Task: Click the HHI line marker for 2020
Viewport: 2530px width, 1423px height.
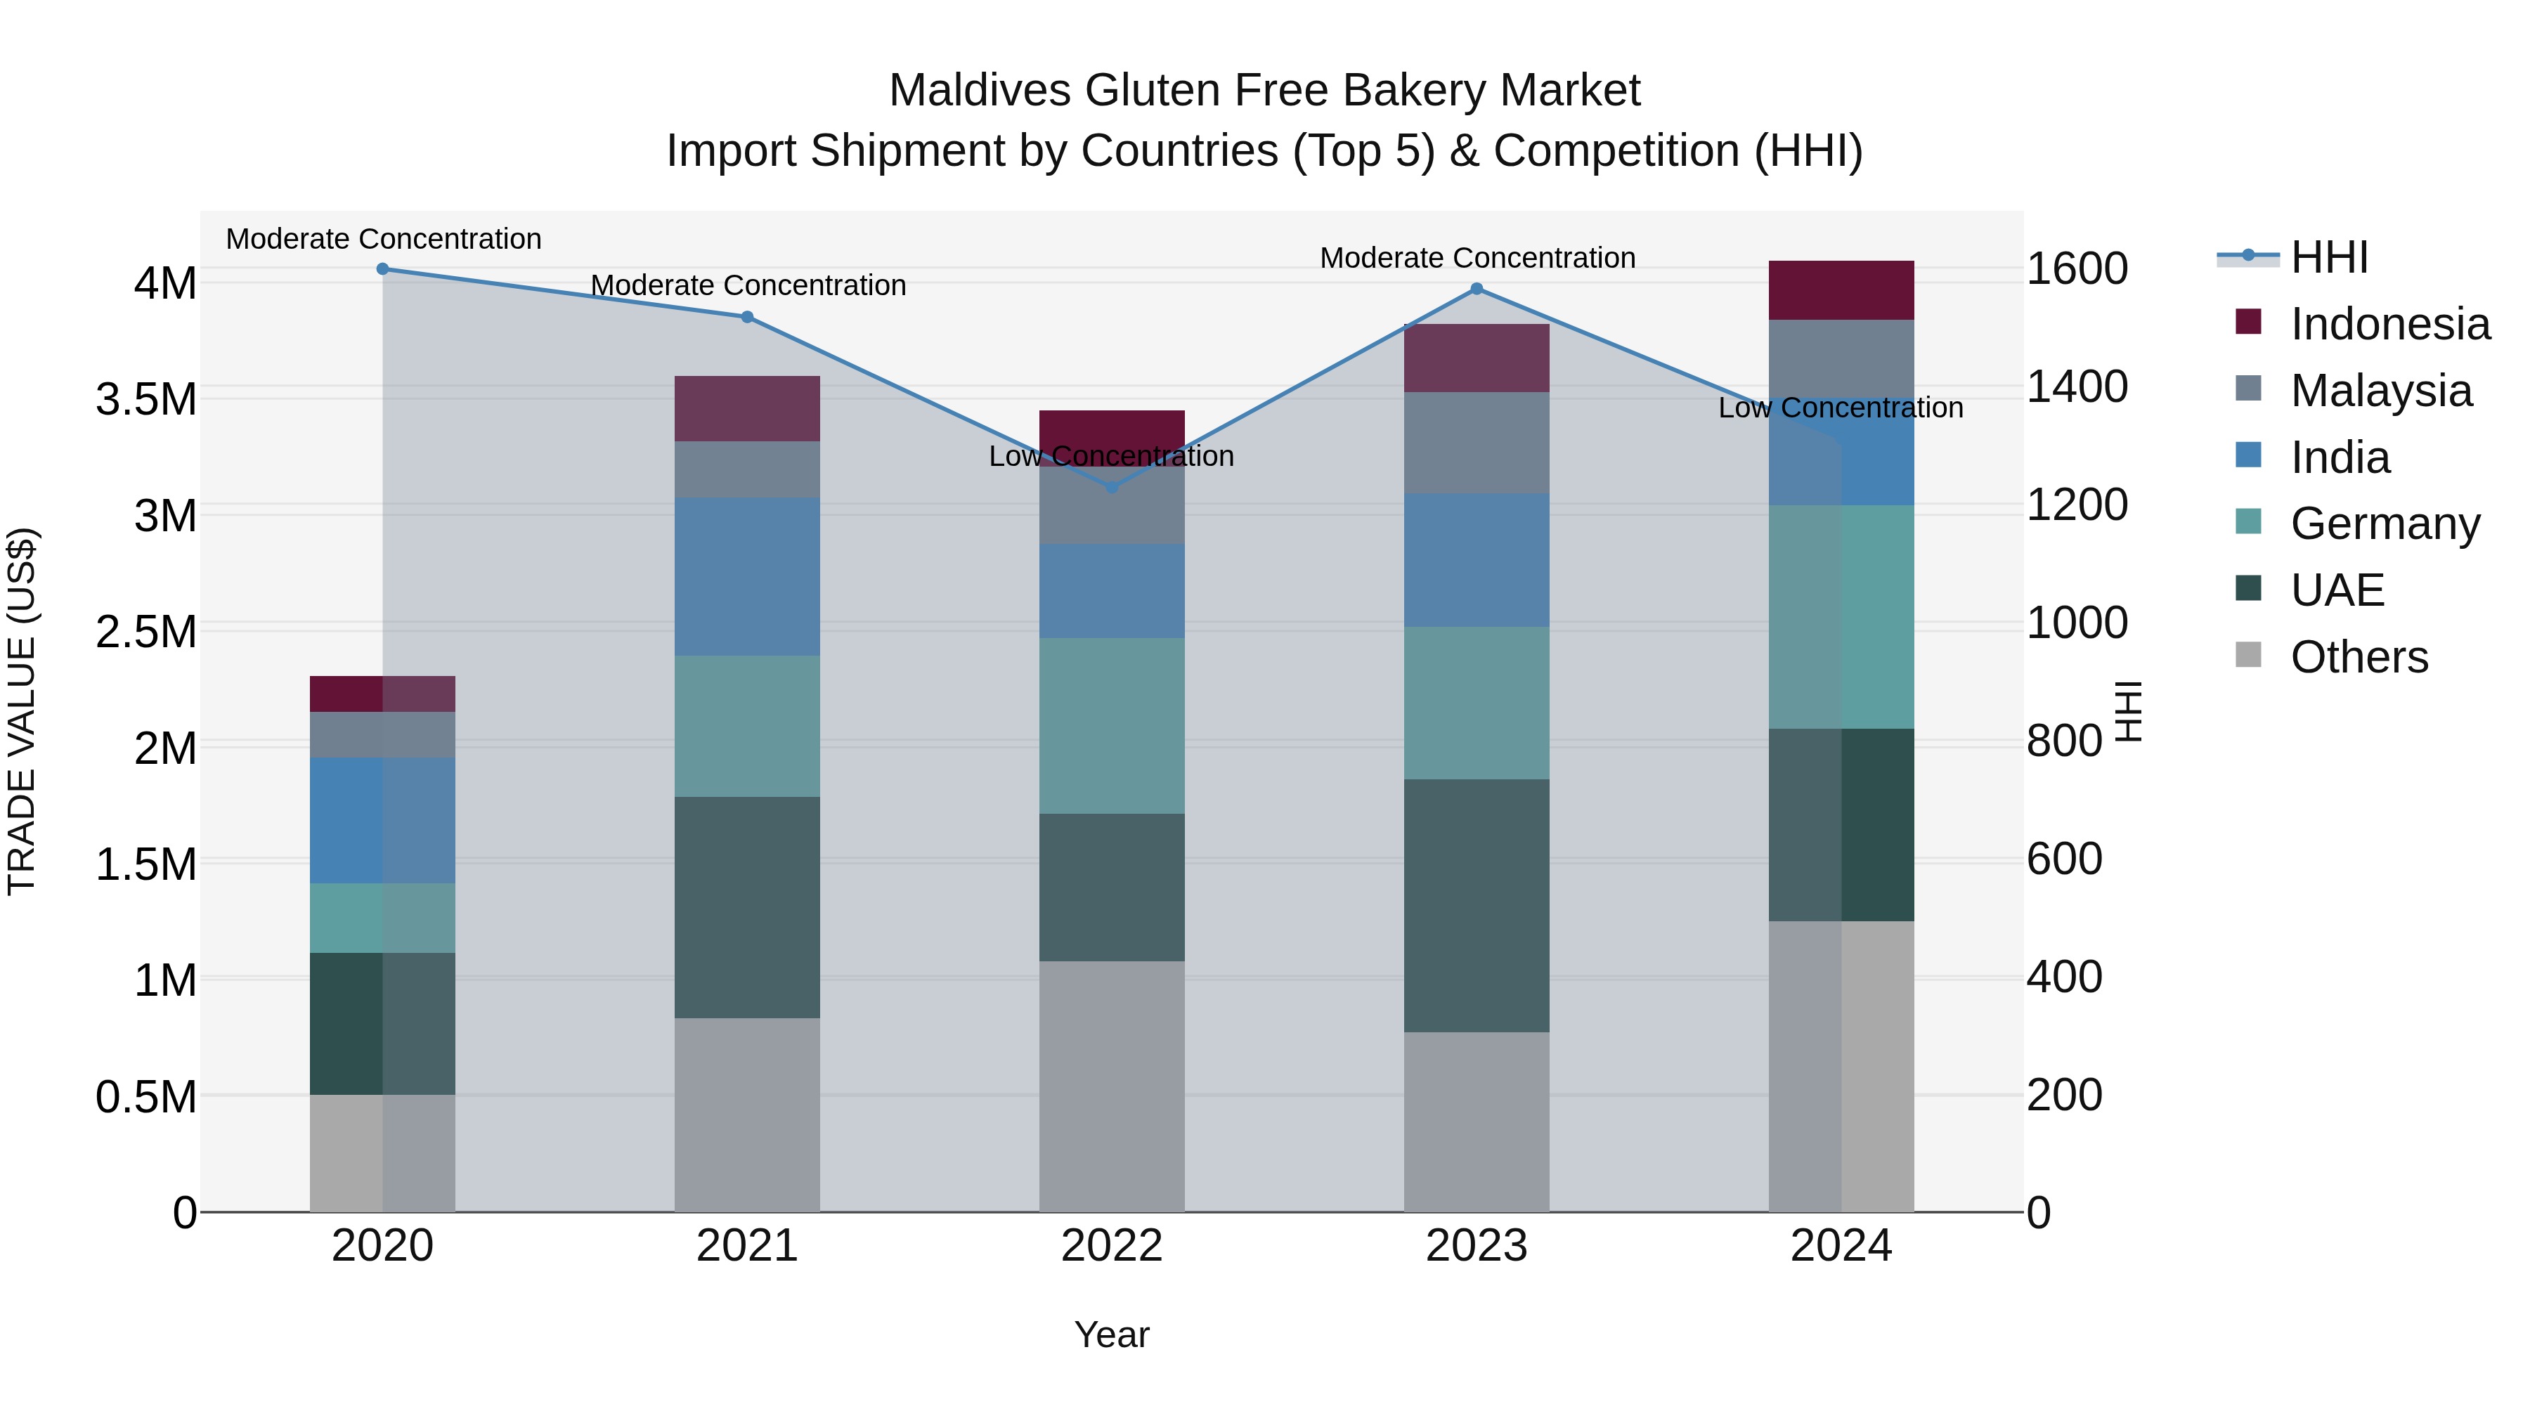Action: click(x=383, y=268)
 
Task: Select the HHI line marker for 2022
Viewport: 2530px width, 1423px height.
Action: click(x=1112, y=487)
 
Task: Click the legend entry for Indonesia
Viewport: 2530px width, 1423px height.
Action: click(x=2389, y=324)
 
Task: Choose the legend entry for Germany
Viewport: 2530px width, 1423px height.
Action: click(x=2384, y=524)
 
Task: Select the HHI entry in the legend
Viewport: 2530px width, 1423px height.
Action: click(x=2329, y=257)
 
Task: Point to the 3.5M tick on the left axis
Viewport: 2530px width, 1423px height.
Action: click(x=145, y=400)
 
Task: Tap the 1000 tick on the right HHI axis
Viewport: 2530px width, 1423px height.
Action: click(x=2065, y=623)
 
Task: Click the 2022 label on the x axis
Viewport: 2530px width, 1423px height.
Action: click(x=1112, y=1246)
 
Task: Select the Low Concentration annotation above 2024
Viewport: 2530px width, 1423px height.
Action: click(x=1840, y=408)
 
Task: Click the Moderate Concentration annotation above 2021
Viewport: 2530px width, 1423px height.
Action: click(x=748, y=286)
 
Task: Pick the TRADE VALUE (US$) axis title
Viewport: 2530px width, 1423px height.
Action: click(x=22, y=711)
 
